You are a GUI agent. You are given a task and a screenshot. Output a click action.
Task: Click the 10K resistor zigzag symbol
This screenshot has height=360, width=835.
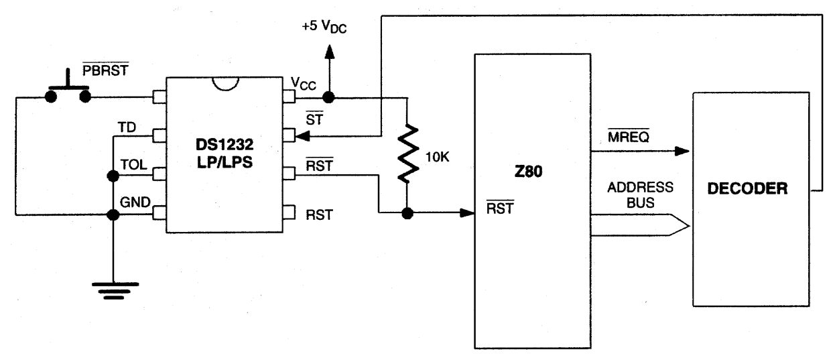pos(408,154)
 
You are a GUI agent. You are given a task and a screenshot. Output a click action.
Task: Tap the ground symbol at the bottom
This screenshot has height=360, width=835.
pos(115,291)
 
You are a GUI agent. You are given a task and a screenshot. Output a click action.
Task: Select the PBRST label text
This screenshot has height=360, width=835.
pos(105,70)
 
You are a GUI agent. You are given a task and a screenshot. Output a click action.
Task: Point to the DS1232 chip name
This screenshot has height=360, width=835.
pos(224,144)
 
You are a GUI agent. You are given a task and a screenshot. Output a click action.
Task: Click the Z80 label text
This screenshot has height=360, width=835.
pos(528,172)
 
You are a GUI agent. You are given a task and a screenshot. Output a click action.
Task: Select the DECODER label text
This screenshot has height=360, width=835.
pos(747,188)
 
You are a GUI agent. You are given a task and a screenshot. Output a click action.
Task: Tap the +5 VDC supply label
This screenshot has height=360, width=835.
pos(324,27)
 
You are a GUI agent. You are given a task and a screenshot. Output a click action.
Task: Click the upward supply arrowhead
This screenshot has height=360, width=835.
pos(329,52)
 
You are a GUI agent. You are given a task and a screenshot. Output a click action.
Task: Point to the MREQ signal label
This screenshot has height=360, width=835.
pos(629,137)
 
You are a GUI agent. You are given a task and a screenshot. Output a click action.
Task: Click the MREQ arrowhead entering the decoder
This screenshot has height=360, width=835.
pos(682,151)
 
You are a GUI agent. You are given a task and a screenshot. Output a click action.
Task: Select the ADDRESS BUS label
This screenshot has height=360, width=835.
pos(641,194)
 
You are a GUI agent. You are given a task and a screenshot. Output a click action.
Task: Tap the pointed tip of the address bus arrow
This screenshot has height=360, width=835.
pos(690,225)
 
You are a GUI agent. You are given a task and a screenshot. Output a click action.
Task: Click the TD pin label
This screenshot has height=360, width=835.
pos(127,127)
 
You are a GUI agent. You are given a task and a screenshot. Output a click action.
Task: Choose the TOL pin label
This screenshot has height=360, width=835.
pos(133,164)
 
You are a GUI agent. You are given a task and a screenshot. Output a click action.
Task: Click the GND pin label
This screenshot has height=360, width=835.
pos(135,202)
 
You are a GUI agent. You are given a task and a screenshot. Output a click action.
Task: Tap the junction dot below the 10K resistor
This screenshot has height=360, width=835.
pos(407,213)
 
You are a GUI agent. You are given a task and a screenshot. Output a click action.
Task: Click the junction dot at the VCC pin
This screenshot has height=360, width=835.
pos(328,97)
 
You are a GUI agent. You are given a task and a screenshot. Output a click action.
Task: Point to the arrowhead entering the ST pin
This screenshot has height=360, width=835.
pos(302,136)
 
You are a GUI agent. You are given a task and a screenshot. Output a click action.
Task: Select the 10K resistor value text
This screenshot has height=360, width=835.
pos(437,157)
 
